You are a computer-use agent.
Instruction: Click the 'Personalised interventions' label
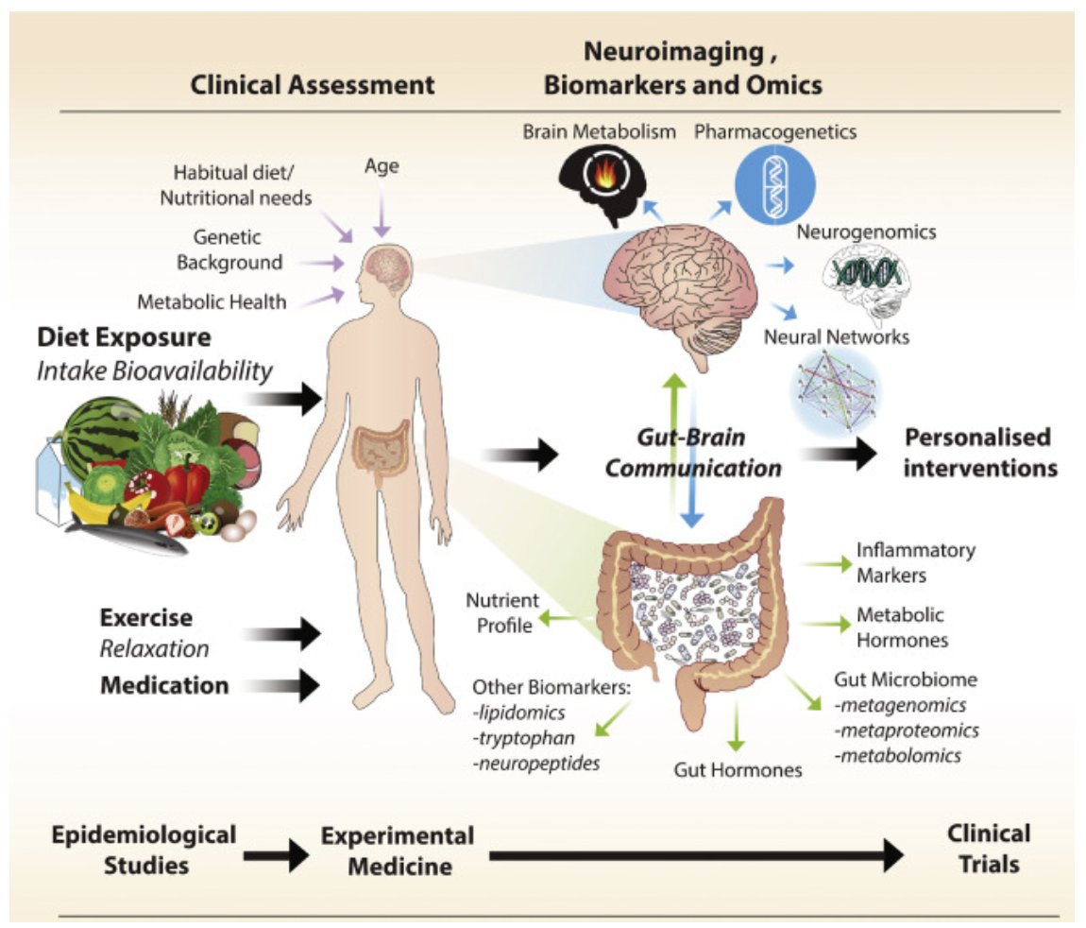pyautogui.click(x=978, y=452)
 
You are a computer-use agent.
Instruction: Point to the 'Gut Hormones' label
pyautogui.click(x=738, y=769)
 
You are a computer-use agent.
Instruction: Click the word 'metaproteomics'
pyautogui.click(x=907, y=730)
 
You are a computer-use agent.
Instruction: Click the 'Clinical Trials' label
pyautogui.click(x=988, y=848)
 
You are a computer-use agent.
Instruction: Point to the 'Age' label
pyautogui.click(x=382, y=166)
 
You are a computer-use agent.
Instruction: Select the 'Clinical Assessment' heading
pyautogui.click(x=313, y=85)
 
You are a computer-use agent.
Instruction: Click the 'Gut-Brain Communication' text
pyautogui.click(x=693, y=453)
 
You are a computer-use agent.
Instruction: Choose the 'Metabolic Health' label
pyautogui.click(x=212, y=302)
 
